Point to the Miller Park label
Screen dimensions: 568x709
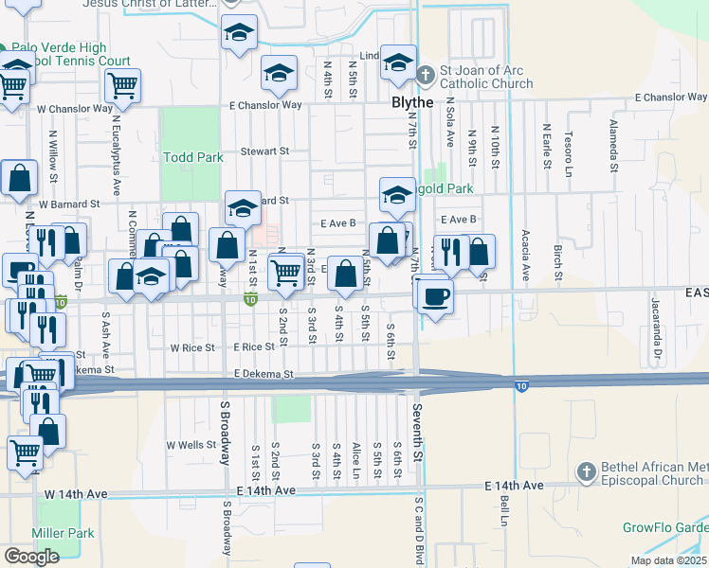coord(64,533)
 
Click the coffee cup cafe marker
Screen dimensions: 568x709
coord(435,296)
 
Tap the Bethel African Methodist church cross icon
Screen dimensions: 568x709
coord(587,471)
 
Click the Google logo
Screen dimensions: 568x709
coord(31,556)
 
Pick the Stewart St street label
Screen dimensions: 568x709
coord(264,151)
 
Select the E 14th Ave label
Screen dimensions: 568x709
coord(265,490)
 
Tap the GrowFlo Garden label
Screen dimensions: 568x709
coord(664,527)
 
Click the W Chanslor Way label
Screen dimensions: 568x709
coord(76,108)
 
